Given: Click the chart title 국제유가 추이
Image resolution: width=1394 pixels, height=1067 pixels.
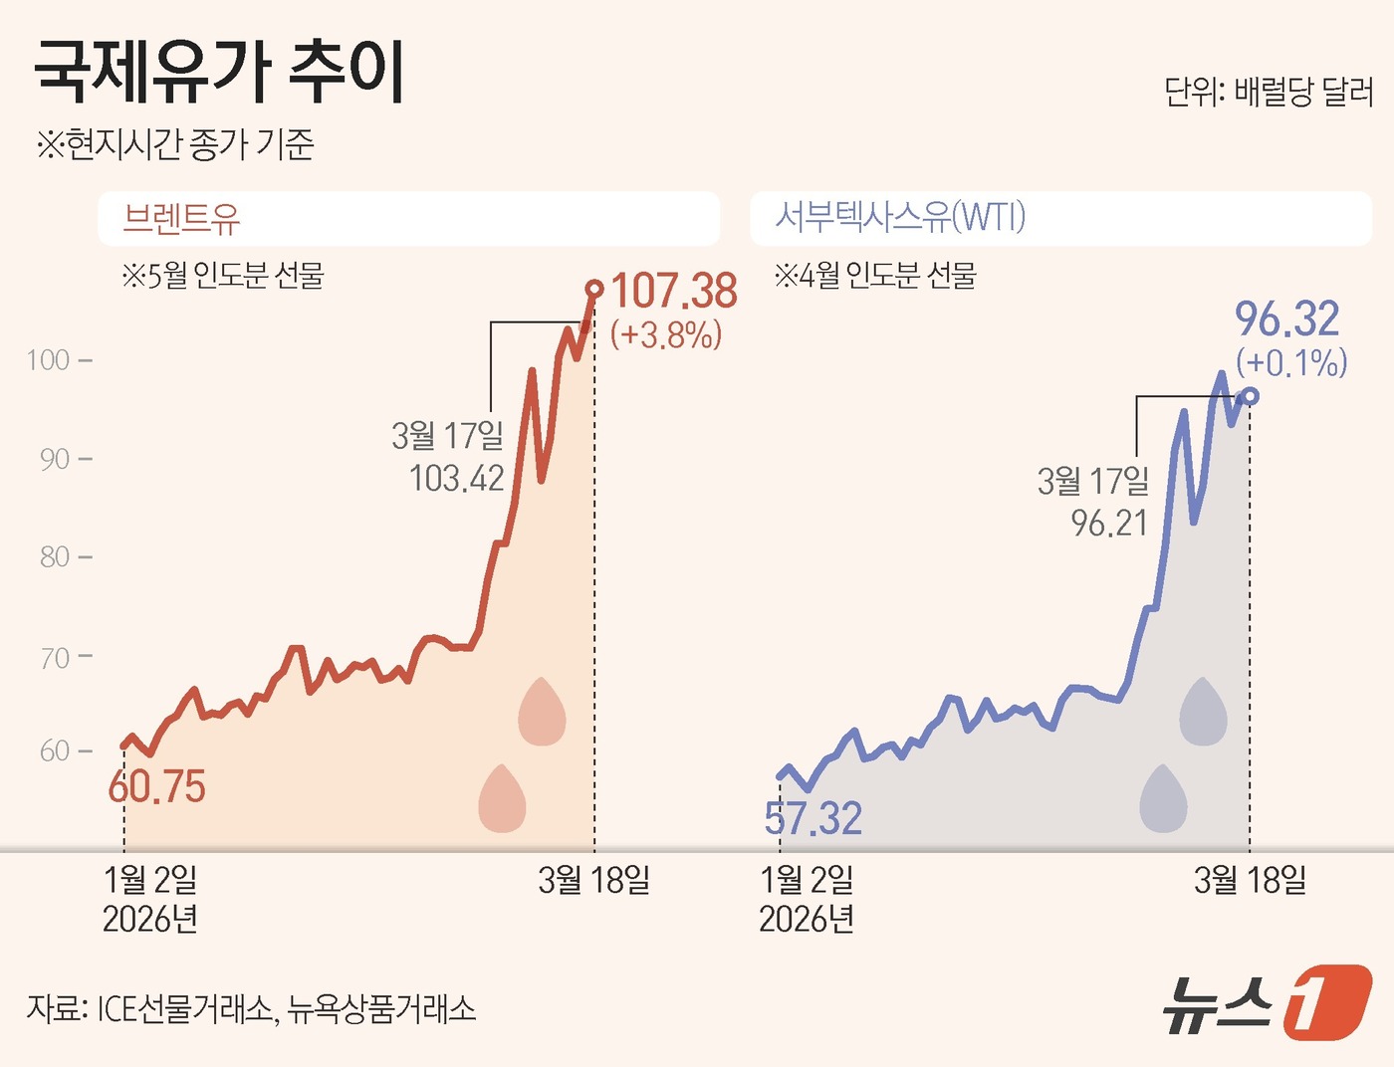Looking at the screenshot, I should [219, 72].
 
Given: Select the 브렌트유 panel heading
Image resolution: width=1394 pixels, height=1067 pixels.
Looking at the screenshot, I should [181, 218].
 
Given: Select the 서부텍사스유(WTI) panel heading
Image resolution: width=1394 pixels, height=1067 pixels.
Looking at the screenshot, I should [900, 216].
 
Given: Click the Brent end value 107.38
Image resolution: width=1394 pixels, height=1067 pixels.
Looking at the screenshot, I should [674, 292].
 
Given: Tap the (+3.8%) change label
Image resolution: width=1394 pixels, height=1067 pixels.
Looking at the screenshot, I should [666, 334].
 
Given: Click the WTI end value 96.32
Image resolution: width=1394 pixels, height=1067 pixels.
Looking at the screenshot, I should [1287, 320].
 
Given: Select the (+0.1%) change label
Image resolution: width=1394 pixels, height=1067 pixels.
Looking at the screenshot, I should [1291, 362].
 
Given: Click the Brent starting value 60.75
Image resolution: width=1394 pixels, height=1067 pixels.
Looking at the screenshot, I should [156, 787].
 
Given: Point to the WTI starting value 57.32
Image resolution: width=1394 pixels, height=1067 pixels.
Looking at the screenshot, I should [813, 818].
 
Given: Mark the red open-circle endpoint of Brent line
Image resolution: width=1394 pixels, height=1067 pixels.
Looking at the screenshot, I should [594, 290].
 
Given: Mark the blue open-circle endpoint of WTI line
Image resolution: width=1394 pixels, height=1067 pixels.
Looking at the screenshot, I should [1251, 396].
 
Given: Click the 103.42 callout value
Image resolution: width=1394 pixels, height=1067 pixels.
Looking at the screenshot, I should [456, 479].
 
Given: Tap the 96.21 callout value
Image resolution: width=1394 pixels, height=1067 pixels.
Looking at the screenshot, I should [1109, 523].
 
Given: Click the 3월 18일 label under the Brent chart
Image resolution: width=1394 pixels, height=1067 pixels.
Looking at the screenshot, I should [593, 880].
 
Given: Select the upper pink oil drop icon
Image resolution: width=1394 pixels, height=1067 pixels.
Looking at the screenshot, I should [542, 712].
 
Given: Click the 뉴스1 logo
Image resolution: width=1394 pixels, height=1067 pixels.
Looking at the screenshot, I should [1267, 1002].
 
